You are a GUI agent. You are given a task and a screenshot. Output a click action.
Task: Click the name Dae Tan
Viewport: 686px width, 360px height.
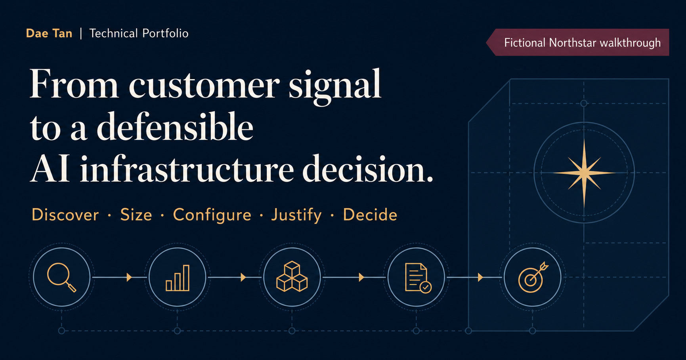pyautogui.click(x=49, y=33)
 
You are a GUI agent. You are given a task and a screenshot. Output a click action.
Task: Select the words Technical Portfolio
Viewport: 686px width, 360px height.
pyautogui.click(x=139, y=33)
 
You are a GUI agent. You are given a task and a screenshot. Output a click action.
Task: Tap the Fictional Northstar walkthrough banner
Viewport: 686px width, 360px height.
pyautogui.click(x=578, y=42)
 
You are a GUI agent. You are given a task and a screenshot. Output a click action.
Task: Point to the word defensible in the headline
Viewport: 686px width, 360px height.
pyautogui.click(x=175, y=127)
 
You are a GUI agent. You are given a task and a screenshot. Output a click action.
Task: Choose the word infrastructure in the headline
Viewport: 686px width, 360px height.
pyautogui.click(x=187, y=170)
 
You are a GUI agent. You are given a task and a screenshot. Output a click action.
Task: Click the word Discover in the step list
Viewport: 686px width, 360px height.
pyautogui.click(x=65, y=215)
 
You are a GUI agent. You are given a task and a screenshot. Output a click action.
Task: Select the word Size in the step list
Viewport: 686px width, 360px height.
pyautogui.click(x=136, y=215)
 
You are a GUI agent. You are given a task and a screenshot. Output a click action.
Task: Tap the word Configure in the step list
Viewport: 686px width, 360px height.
pyautogui.click(x=212, y=215)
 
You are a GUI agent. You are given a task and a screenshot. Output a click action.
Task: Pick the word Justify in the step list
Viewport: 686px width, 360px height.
pyautogui.click(x=296, y=215)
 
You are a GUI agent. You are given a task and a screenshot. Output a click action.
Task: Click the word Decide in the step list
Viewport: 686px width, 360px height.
pyautogui.click(x=370, y=215)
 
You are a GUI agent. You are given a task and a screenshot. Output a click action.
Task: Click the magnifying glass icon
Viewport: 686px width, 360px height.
pyautogui.click(x=61, y=277)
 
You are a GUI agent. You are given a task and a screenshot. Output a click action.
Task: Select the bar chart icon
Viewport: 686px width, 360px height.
pyautogui.click(x=178, y=278)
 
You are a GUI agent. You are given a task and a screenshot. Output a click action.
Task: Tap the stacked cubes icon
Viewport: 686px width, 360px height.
pyautogui.click(x=292, y=276)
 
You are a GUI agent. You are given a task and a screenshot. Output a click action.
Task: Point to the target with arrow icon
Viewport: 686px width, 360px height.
pyautogui.click(x=533, y=277)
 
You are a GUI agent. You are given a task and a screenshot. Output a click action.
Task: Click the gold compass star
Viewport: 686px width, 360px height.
pyautogui.click(x=584, y=173)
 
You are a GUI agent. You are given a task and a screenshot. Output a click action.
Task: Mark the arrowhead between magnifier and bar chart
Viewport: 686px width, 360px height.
pyautogui.click(x=129, y=277)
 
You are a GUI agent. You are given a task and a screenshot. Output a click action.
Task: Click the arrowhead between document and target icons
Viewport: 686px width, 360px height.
pyautogui.click(x=480, y=277)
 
